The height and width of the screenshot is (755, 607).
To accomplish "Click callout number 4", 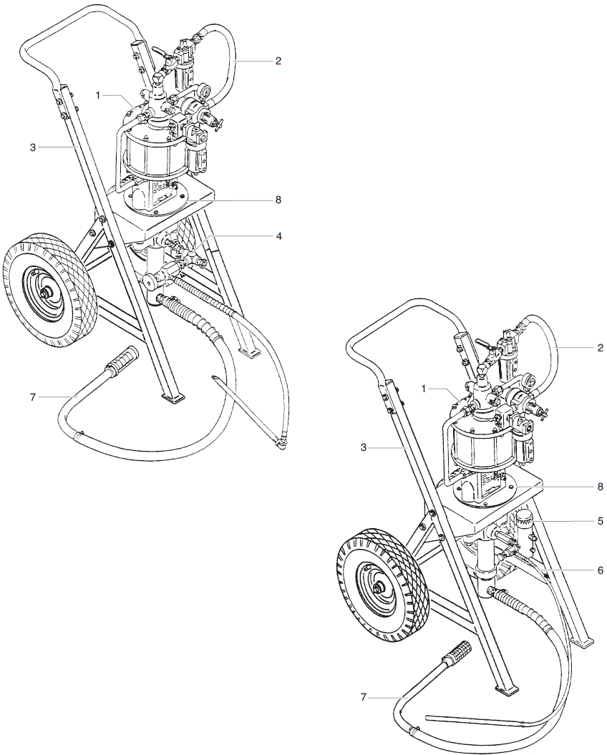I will point(278,235).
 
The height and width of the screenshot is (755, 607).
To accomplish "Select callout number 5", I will point(600,521).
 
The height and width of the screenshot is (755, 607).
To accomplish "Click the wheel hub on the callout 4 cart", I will point(47,293).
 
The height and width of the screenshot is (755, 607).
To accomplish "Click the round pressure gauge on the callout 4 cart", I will point(205,92).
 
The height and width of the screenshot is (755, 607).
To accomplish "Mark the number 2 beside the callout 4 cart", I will point(278,61).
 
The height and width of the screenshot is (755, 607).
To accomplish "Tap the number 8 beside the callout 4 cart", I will point(278,200).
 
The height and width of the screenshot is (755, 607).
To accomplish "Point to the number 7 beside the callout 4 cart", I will point(32,396).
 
